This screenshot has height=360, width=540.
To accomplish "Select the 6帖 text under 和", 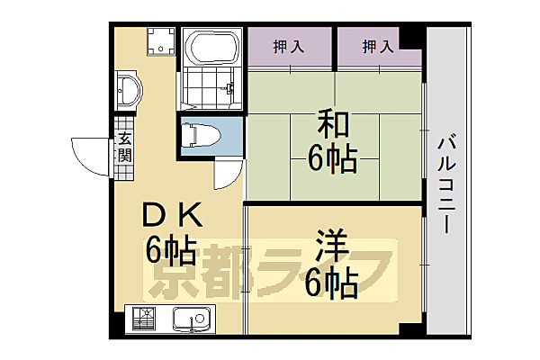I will (x=332, y=158).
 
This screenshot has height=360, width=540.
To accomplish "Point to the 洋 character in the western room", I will (x=333, y=246).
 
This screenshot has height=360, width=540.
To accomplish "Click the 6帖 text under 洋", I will (x=333, y=283).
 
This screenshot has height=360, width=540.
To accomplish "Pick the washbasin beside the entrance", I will (x=128, y=93).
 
